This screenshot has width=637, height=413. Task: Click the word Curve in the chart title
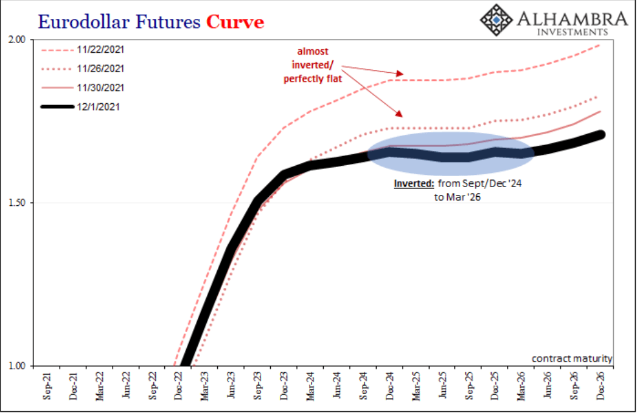click(x=235, y=22)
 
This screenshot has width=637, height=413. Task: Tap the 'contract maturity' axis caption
click(x=572, y=358)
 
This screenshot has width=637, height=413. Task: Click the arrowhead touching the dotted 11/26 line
click(x=399, y=114)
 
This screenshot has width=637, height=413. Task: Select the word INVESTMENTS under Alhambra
click(x=573, y=32)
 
